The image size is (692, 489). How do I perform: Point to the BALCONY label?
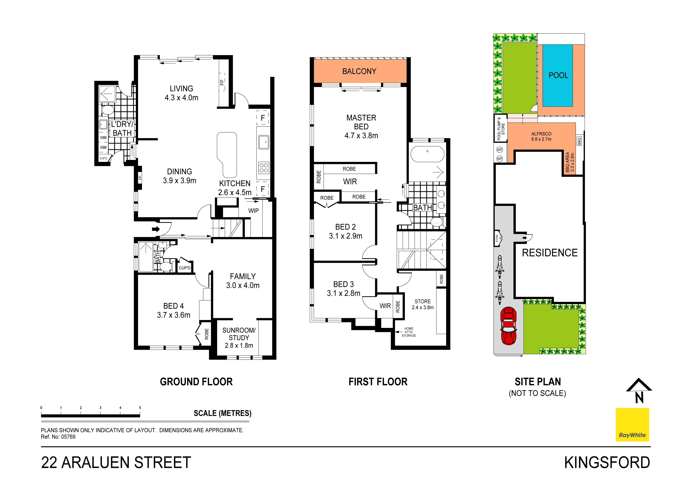[x=359, y=71]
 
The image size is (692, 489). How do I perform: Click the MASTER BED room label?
[x=361, y=127]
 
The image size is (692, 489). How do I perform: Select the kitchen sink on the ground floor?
[x=264, y=142]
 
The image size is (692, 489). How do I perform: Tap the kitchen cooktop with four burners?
[x=264, y=168]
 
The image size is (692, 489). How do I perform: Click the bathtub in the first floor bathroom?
[x=427, y=154]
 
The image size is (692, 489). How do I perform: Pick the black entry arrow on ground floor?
[x=156, y=229]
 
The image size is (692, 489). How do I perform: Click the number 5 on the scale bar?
[x=140, y=408]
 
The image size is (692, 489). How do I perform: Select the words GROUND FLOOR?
[x=196, y=382]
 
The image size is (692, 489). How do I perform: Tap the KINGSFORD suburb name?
[x=607, y=463]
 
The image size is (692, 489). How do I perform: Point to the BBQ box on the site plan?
[x=579, y=141]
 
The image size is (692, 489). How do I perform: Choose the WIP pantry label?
[x=253, y=211]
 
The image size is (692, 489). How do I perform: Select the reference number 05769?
[x=68, y=437]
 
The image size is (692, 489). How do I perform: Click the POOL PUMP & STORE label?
[x=501, y=128]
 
